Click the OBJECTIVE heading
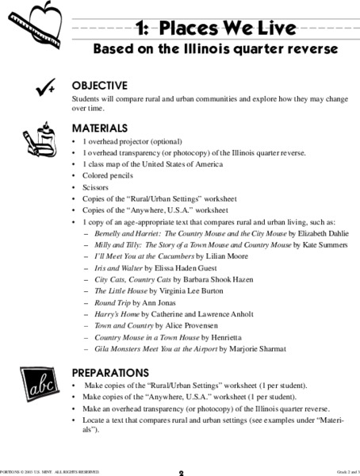click(99, 85)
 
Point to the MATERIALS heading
click(99, 128)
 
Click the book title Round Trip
click(113, 303)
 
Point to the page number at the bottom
click(180, 473)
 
